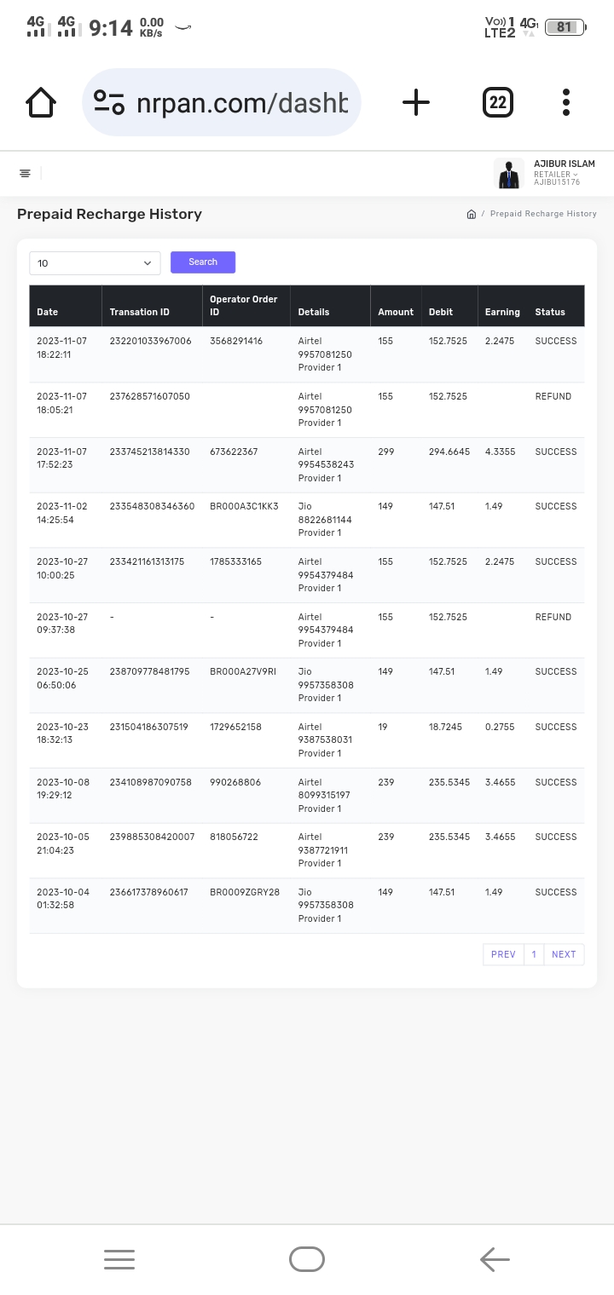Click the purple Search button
click(x=203, y=262)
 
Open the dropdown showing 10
click(x=95, y=263)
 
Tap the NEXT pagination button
click(x=564, y=954)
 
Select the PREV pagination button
click(x=503, y=954)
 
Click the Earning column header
click(x=502, y=312)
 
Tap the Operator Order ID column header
click(x=244, y=305)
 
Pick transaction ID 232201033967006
click(x=151, y=341)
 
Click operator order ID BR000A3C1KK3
click(x=244, y=506)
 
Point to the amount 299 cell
click(x=386, y=452)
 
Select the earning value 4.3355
click(x=500, y=452)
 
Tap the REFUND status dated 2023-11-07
click(x=553, y=396)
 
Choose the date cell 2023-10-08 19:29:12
click(x=63, y=788)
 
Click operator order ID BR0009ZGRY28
click(x=245, y=892)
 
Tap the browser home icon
click(x=41, y=102)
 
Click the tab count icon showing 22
click(x=498, y=103)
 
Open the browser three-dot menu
click(x=566, y=102)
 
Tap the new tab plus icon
click(x=416, y=102)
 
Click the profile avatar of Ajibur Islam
click(x=509, y=174)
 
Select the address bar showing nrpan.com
click(x=222, y=103)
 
